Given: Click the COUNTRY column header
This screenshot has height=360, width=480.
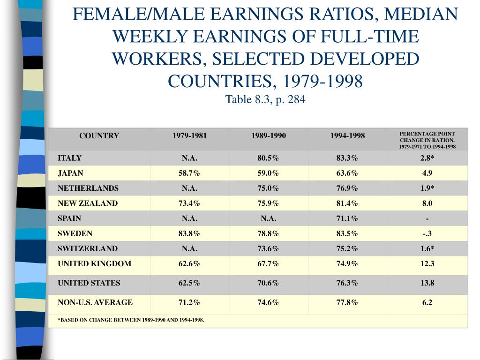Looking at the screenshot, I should [99, 136].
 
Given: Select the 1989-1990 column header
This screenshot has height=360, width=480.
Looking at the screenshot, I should [268, 136].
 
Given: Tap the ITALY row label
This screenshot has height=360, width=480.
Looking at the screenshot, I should [69, 158].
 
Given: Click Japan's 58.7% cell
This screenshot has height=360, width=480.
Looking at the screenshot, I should [189, 173].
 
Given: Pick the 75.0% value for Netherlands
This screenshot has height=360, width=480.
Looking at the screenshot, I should [268, 188].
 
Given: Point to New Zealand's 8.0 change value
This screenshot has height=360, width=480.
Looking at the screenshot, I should [427, 203].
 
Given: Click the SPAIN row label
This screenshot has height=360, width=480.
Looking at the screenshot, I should [69, 218].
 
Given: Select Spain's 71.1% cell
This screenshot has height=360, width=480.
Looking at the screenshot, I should [347, 218].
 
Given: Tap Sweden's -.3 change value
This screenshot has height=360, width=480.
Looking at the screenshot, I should [427, 233].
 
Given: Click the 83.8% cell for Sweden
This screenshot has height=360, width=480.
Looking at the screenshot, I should [189, 233].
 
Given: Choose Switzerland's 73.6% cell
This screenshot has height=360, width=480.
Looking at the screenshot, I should [268, 248].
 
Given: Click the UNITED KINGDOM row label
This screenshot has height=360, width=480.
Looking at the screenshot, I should [94, 263].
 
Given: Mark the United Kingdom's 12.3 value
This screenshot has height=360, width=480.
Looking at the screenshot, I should [427, 263].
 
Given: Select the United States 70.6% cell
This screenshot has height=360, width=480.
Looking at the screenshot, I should [268, 283].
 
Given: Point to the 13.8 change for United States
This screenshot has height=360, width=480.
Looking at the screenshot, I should [427, 283].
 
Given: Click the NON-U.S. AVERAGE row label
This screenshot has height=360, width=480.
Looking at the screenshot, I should [95, 302].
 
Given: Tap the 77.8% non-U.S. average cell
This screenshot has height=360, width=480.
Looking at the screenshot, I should [347, 302].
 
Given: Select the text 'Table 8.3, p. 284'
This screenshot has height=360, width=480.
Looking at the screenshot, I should [265, 99].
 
